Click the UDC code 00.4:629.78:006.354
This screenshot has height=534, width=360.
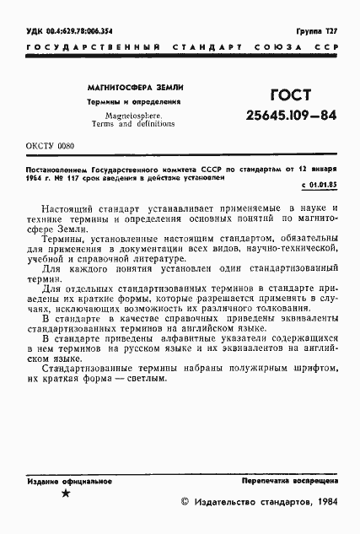[x=67, y=30]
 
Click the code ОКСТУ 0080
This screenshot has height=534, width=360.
[x=48, y=146]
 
